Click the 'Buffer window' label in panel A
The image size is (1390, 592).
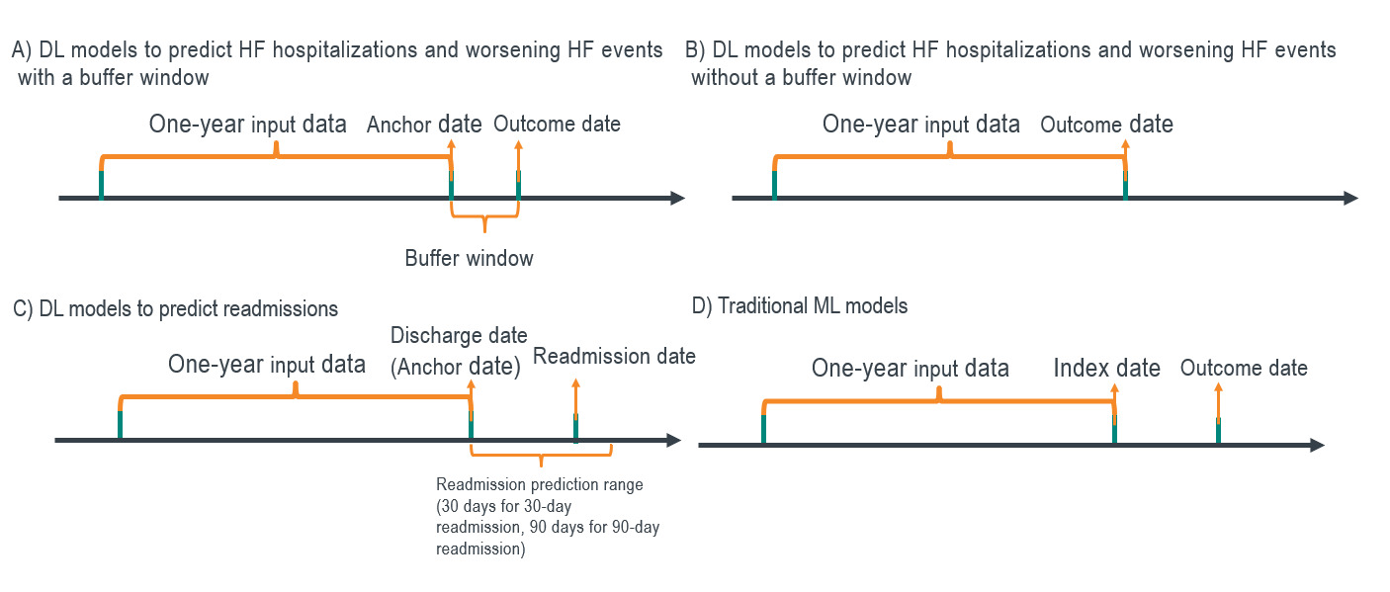469,259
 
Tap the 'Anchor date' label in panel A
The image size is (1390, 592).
424,125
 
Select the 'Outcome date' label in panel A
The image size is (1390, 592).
557,125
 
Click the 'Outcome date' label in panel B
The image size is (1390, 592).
1106,125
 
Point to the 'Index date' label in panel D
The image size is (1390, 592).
1106,369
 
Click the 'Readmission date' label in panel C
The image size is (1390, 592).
614,356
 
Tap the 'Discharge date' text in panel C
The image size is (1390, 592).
459,335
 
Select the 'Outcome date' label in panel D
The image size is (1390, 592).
1244,369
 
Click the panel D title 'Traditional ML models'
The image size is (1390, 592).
800,306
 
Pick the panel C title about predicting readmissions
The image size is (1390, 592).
176,308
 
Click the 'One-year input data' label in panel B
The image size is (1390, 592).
920,125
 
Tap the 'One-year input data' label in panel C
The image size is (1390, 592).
267,364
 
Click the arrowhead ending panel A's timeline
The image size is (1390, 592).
677,199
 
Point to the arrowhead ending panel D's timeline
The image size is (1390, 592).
1317,446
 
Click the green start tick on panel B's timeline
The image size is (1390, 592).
774,185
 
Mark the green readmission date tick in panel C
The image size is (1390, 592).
575,427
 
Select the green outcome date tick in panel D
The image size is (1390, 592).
1218,431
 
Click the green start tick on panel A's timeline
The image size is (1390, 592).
101,185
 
